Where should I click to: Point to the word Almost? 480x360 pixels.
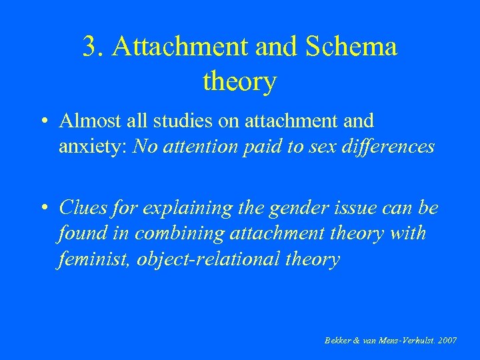pos(84,121)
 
